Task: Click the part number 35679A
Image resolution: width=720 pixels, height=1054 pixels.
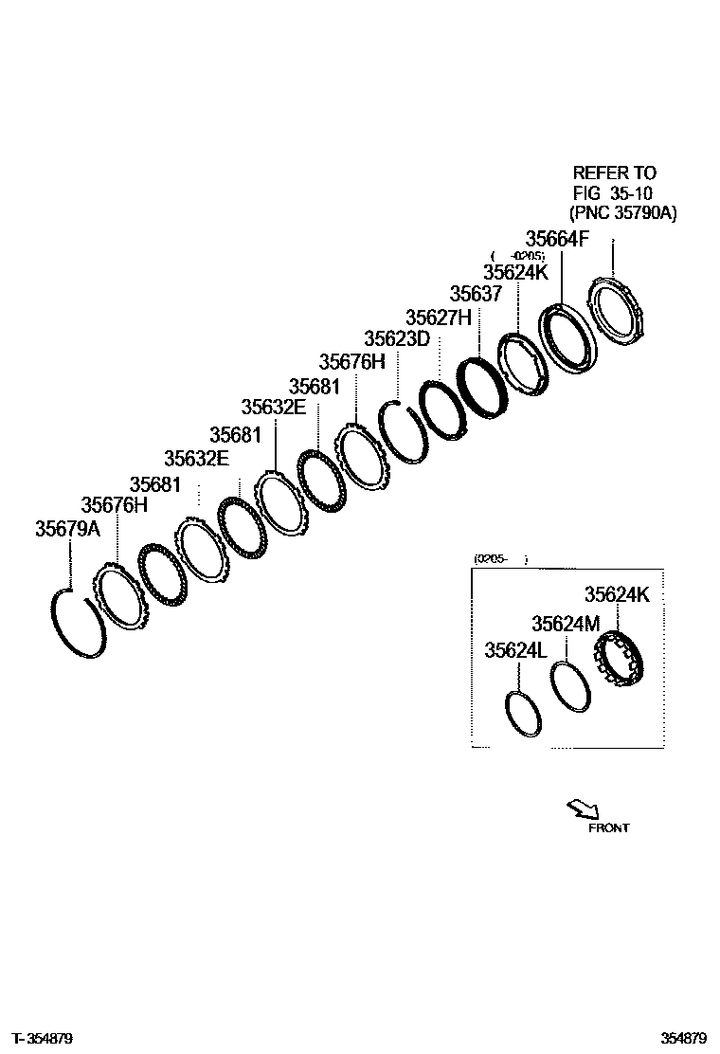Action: tap(67, 529)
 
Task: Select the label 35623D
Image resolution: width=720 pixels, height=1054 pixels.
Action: tap(397, 338)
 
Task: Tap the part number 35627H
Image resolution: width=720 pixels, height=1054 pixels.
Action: tap(438, 317)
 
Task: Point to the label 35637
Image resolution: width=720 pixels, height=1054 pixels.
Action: tap(476, 294)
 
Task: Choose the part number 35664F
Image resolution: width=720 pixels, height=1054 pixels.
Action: tap(557, 239)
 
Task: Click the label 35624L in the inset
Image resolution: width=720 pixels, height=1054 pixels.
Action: tap(516, 651)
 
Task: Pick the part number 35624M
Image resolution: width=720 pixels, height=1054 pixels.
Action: tap(566, 624)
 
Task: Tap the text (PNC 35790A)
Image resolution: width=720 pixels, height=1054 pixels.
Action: tap(622, 213)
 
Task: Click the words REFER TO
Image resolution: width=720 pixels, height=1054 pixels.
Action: tap(614, 173)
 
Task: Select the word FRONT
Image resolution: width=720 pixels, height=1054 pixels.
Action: tap(608, 827)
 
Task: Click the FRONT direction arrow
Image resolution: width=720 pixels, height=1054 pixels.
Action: tap(581, 809)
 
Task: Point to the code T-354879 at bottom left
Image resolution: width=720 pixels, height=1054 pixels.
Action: tap(43, 1038)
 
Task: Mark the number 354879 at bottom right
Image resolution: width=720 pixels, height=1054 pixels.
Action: tap(684, 1038)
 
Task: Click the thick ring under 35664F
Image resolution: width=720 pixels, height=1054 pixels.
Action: tap(567, 338)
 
